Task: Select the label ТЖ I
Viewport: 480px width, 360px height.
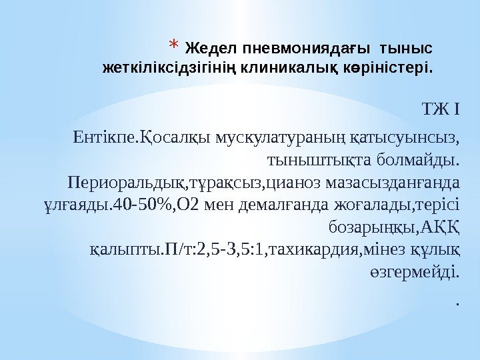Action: pyautogui.click(x=441, y=109)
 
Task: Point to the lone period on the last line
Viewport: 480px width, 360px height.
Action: pyautogui.click(x=457, y=303)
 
